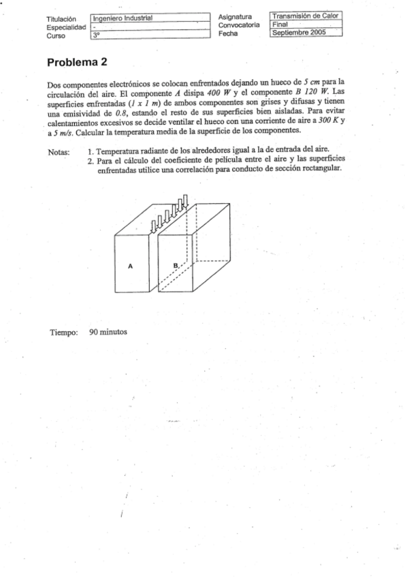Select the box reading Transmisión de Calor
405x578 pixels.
click(x=306, y=16)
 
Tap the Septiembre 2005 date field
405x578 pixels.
click(x=306, y=32)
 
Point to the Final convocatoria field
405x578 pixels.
click(x=306, y=24)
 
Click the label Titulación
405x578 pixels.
click(x=61, y=18)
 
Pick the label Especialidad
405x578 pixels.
click(x=66, y=27)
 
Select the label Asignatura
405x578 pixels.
click(x=236, y=16)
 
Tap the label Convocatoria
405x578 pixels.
click(x=240, y=24)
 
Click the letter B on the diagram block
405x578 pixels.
click(x=176, y=264)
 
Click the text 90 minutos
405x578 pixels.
click(x=108, y=332)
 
